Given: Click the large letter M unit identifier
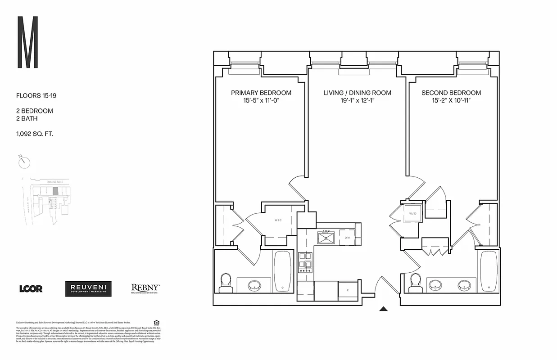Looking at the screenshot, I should point(27,42).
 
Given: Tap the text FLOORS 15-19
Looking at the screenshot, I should point(36,95).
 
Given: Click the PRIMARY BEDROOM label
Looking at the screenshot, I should point(261,93).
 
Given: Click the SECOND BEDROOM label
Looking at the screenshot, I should point(451,93).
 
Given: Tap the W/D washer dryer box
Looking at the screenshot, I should point(412,214).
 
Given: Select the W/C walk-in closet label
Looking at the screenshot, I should point(278,220).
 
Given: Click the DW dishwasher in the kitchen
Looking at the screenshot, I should point(347,238).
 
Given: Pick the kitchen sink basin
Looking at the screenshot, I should point(326,237).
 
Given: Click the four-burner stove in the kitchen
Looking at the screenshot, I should point(305,262).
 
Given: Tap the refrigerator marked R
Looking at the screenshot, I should point(346,291).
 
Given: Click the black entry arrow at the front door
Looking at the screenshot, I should point(383,309).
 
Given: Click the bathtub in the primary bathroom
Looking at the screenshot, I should point(282,271).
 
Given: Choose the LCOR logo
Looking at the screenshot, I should point(31,289).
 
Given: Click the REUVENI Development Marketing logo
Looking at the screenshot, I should point(88,289).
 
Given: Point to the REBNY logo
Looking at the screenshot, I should point(145,288).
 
